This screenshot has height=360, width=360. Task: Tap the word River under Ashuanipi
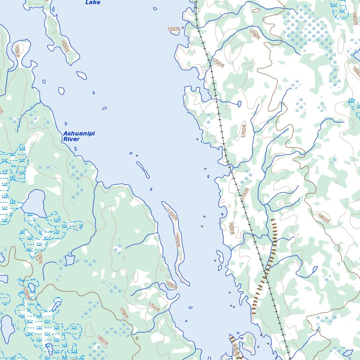coord(71,139)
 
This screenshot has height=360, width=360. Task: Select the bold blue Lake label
coord(92,2)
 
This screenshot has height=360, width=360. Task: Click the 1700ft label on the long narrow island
coord(172,215)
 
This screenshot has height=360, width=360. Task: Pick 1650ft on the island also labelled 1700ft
coord(177,240)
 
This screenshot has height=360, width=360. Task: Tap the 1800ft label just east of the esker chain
coord(323,217)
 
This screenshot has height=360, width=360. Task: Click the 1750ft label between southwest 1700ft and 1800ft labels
coord(124,314)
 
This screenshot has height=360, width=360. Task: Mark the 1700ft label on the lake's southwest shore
coord(154,307)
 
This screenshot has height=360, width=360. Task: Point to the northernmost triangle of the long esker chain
coord(272,219)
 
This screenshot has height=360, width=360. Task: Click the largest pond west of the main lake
coord(32,203)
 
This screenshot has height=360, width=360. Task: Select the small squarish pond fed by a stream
coord(70,259)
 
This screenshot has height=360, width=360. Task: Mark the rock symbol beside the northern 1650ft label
coord(182,29)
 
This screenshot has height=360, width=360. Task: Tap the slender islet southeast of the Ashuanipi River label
coord(143,169)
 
